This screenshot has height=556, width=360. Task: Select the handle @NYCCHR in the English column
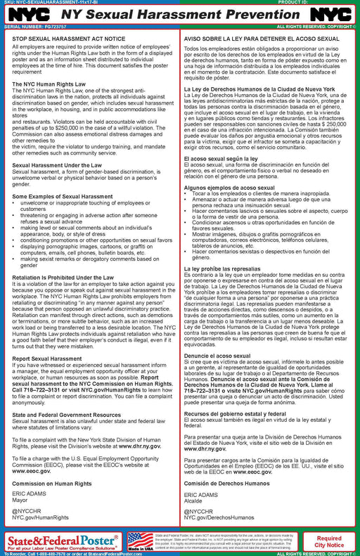[x=26, y=505]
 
